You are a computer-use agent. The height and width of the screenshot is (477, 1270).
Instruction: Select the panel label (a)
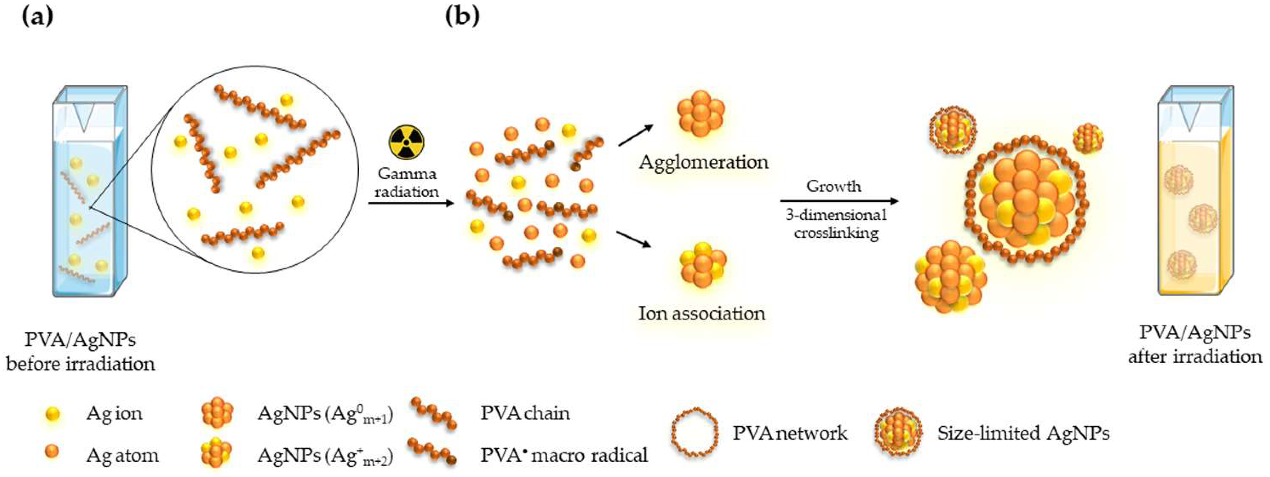pyautogui.click(x=37, y=16)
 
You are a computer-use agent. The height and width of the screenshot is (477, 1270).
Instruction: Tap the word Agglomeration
pyautogui.click(x=703, y=162)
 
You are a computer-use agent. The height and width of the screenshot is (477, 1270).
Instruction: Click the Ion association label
pyautogui.click(x=702, y=313)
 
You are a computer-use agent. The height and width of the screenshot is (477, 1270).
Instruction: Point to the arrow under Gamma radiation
pyautogui.click(x=411, y=203)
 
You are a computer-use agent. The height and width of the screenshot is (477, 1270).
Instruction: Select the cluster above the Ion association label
pyautogui.click(x=702, y=264)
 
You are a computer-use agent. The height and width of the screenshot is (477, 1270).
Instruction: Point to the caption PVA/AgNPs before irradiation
pyautogui.click(x=80, y=351)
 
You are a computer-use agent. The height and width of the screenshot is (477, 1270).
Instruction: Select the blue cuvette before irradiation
pyautogui.click(x=90, y=192)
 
